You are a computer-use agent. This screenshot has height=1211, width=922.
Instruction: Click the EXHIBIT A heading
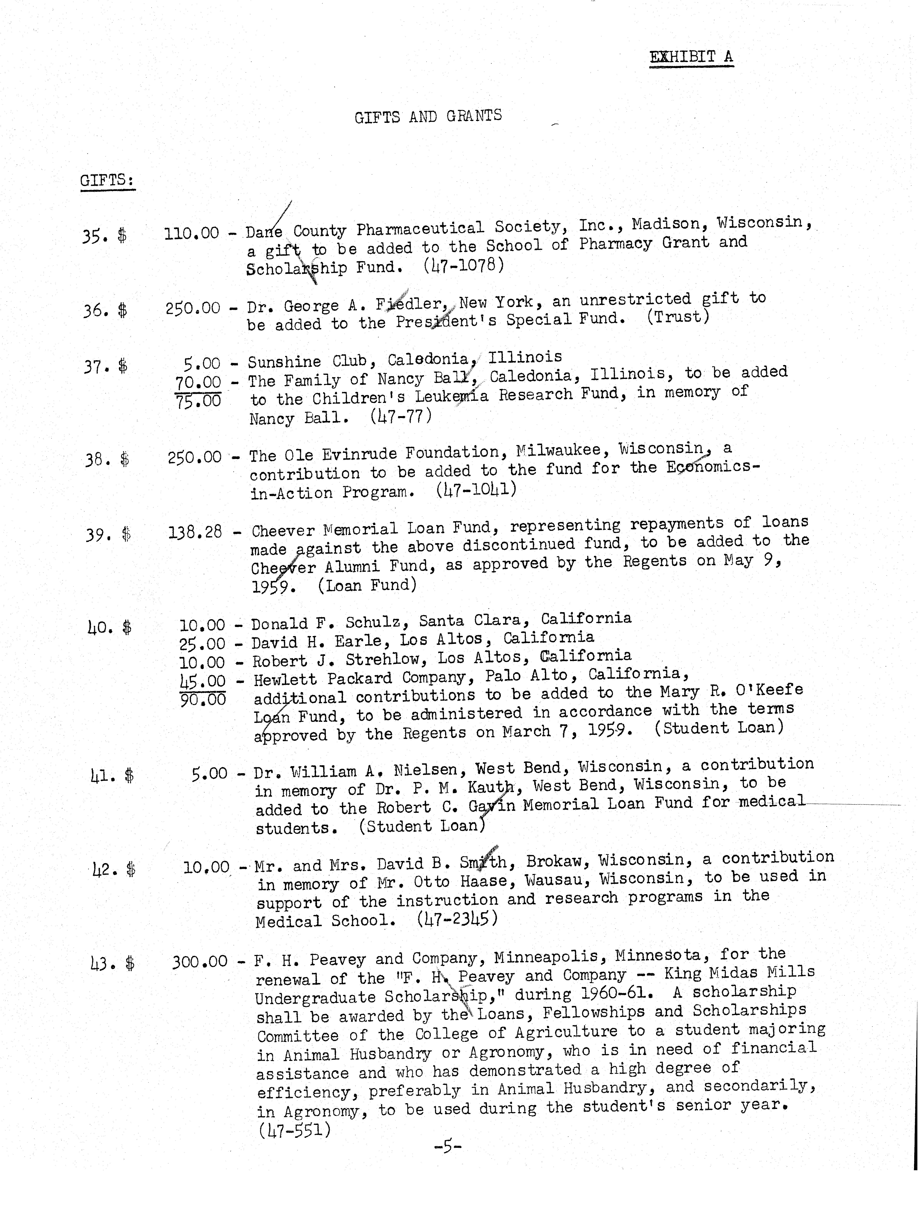pyautogui.click(x=691, y=57)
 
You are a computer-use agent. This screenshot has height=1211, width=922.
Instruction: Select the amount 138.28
pyautogui.click(x=195, y=532)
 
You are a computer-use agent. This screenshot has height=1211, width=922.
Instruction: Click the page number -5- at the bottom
pyautogui.click(x=447, y=1145)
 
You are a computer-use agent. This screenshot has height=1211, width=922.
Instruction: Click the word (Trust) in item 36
pyautogui.click(x=678, y=317)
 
